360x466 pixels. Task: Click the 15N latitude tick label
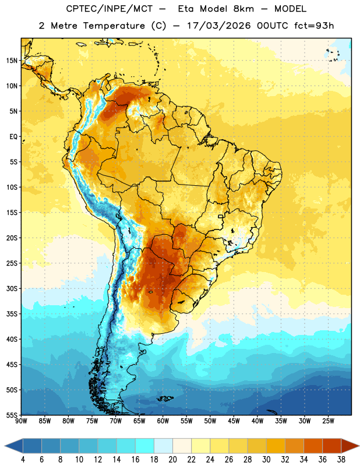coord(12,61)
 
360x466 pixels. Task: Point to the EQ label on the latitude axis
coord(13,137)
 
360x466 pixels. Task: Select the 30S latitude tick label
coord(12,288)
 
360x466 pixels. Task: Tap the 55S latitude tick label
coord(12,415)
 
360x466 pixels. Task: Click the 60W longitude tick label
coord(163,421)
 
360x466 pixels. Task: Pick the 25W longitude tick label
coord(328,421)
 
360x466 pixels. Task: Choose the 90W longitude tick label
coord(21,421)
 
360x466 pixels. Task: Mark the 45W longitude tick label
coord(234,421)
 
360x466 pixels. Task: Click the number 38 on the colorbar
coord(341,460)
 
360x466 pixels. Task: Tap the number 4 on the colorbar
coord(23,460)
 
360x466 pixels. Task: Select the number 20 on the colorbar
coord(172,460)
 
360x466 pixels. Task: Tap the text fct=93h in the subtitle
coord(314,26)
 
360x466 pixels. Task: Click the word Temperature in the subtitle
coord(114,26)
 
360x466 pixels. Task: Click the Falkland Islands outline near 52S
coord(165,398)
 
